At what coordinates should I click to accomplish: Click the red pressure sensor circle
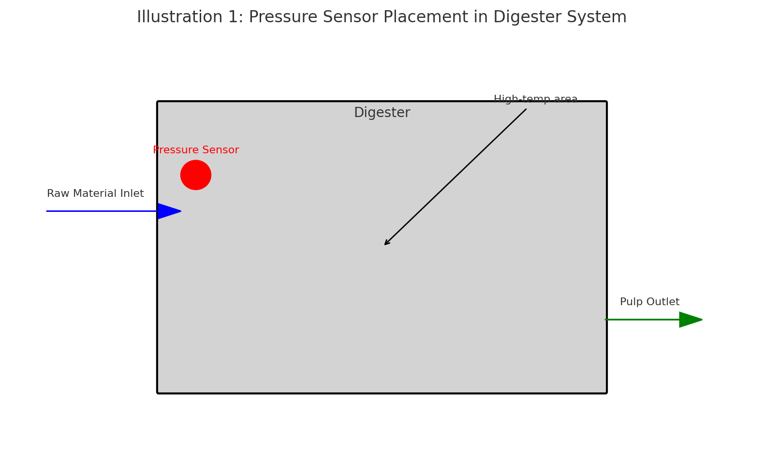[x=196, y=175]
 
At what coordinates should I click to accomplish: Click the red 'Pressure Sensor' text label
[x=196, y=150]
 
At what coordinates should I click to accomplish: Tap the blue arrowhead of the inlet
[x=168, y=211]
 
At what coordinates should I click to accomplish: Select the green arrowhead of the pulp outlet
[x=690, y=320]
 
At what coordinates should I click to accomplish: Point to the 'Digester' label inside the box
[x=382, y=113]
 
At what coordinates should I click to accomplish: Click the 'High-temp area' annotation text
[x=535, y=100]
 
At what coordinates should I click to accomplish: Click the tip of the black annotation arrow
[x=385, y=244]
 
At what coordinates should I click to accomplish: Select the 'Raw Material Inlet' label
[x=95, y=194]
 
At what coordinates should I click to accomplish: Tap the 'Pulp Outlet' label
[x=649, y=302]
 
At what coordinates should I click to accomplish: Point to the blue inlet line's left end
[x=48, y=211]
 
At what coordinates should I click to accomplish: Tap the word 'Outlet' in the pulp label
[x=664, y=302]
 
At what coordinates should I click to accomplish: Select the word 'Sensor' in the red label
[x=222, y=150]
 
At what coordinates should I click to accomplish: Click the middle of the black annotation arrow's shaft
[x=455, y=177]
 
